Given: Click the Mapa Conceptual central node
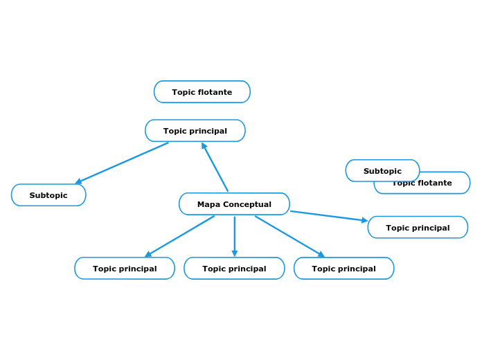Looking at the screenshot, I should [x=234, y=204].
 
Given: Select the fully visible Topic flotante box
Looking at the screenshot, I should [x=202, y=92].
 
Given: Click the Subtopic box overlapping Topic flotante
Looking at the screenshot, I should [x=382, y=170].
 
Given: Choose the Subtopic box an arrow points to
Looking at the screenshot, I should [x=48, y=195].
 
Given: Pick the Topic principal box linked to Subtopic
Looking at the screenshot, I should [x=195, y=131].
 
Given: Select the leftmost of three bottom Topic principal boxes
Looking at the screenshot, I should [x=125, y=269].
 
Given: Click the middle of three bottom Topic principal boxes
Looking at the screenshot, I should [x=234, y=269].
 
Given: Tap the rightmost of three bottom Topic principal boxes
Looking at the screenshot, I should [x=343, y=269].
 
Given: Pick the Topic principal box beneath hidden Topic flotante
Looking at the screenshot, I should [x=418, y=227].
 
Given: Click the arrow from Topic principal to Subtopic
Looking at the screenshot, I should [x=122, y=163].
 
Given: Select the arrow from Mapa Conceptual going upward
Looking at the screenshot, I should [x=215, y=167].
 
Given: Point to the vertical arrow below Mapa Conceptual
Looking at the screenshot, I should [x=235, y=235].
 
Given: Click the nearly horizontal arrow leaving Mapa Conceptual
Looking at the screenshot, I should [x=328, y=216].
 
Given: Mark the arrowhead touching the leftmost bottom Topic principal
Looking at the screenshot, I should [x=148, y=254].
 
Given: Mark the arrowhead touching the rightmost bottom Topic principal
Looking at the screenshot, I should [x=321, y=255].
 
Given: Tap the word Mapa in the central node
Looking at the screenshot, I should [x=208, y=204].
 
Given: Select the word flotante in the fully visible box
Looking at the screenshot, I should [x=216, y=92].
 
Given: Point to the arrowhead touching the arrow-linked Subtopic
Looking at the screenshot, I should [x=79, y=181].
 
